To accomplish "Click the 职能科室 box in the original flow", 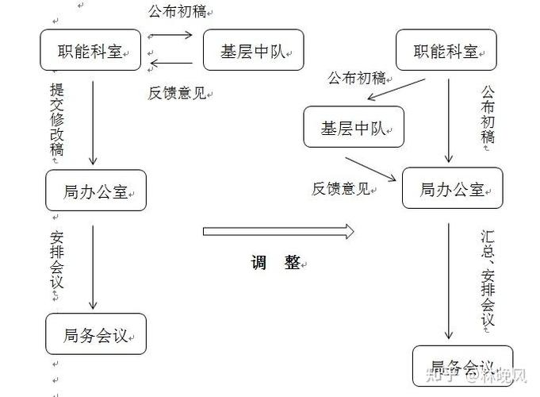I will coord(90,50).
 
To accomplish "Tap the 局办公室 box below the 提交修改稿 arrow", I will coord(96,191).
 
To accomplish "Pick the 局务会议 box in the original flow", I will coord(96,334).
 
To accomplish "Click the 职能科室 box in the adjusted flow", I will coord(446,52).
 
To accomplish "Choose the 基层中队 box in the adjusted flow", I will coord(354,127).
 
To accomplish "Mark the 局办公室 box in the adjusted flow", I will coord(452,189).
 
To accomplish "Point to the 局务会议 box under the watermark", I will coord(462,367).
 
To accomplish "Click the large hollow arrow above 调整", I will coord(278,231).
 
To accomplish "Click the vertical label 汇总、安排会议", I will coord(488,278).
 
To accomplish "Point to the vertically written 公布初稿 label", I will coord(488,114).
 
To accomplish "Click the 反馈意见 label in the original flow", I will coord(178,92).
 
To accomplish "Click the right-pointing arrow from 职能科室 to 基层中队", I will coord(170,35).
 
